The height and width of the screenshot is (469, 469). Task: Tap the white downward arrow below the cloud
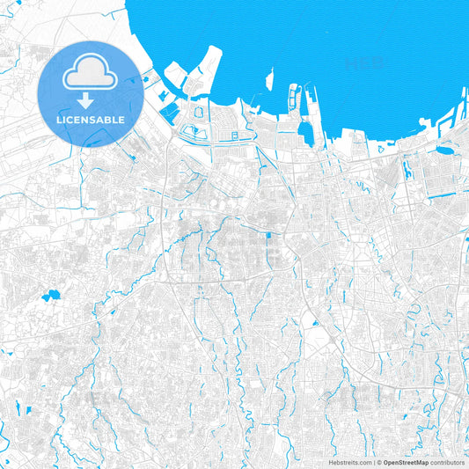[90, 99]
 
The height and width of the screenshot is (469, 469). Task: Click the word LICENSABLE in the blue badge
[90, 120]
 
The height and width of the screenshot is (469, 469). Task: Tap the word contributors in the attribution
[447, 461]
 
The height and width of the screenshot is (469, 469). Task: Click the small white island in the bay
[270, 79]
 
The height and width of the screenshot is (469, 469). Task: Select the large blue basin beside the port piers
[306, 132]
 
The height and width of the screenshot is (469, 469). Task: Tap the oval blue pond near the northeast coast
[443, 150]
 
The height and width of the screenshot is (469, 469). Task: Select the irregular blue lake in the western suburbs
[49, 297]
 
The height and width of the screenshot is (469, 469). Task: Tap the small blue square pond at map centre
[268, 235]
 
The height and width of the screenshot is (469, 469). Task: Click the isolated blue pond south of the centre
[315, 323]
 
